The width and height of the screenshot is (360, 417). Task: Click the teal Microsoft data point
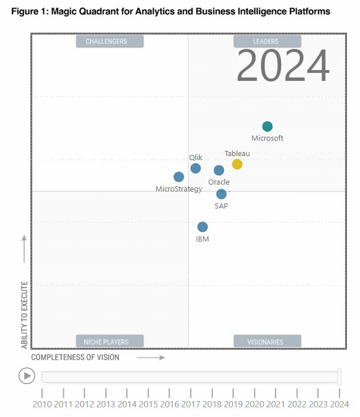[x=267, y=126]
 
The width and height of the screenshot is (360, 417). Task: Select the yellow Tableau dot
[x=237, y=164]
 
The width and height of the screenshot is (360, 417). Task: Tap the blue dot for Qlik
[x=195, y=168]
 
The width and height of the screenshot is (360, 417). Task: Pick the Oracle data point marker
[x=219, y=170]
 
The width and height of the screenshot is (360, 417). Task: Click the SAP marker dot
[x=221, y=194]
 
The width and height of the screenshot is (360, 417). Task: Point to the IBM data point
[x=202, y=227]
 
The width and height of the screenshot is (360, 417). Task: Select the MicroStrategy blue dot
[x=179, y=177]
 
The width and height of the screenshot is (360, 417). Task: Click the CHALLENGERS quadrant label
[x=109, y=42]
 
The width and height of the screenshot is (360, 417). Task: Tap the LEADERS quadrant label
[x=266, y=42]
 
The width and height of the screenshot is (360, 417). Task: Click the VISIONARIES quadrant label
[x=266, y=342]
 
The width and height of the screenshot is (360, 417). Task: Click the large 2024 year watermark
[x=283, y=66]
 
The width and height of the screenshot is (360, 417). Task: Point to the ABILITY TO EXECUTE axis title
[x=24, y=314]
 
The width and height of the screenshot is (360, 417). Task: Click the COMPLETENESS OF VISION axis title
[x=75, y=357]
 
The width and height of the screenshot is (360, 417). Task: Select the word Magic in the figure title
[x=66, y=11]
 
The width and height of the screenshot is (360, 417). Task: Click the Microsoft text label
[x=267, y=138]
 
